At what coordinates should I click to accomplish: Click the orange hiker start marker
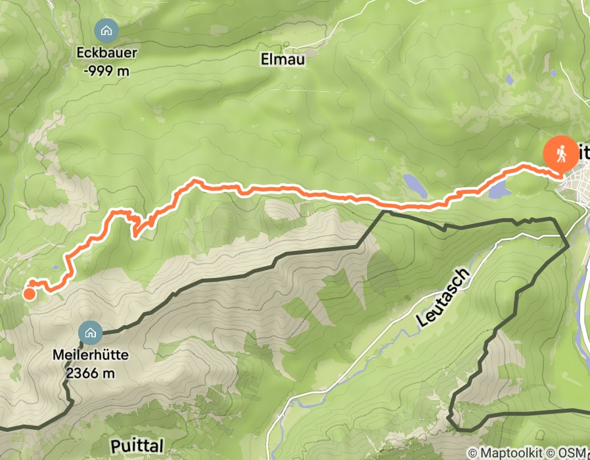coord(561,153)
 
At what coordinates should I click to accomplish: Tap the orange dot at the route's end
coord(30,294)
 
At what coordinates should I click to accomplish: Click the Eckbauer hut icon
coord(106,30)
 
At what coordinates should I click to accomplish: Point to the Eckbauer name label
coord(106,55)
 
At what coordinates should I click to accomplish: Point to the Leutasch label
coord(444,299)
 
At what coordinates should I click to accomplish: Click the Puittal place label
coord(137,446)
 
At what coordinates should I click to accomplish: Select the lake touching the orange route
coord(499,191)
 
